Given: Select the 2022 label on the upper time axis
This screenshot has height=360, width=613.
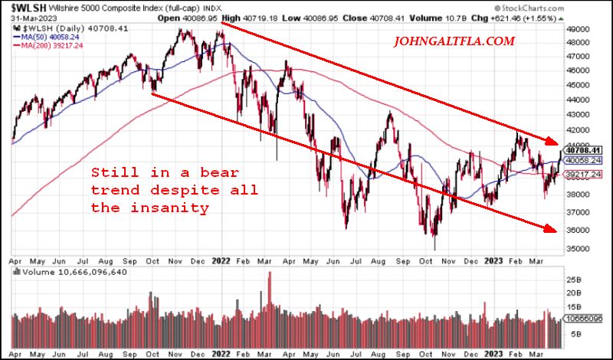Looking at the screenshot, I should click(221, 261).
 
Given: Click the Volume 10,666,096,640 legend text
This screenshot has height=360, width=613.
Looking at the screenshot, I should click(64, 270).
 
